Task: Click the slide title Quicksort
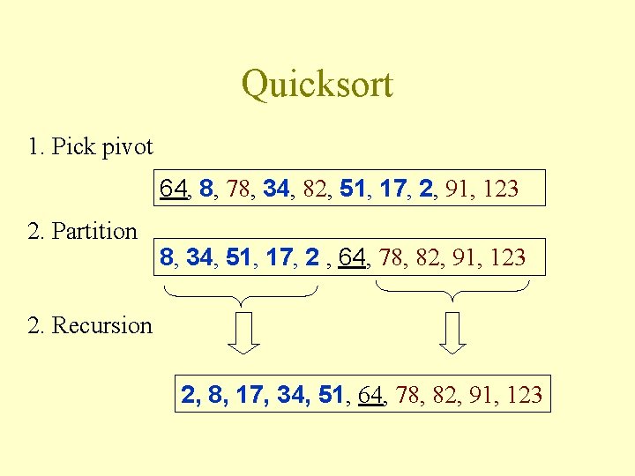(317, 85)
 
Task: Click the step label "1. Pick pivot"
(90, 146)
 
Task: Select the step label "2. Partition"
(83, 232)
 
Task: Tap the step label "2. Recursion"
(90, 325)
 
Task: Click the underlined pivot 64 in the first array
(173, 188)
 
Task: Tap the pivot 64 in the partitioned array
(351, 257)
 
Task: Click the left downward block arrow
(245, 333)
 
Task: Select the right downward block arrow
(452, 333)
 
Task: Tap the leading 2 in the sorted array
(188, 394)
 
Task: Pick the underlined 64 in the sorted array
(372, 394)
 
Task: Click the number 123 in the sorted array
(526, 394)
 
